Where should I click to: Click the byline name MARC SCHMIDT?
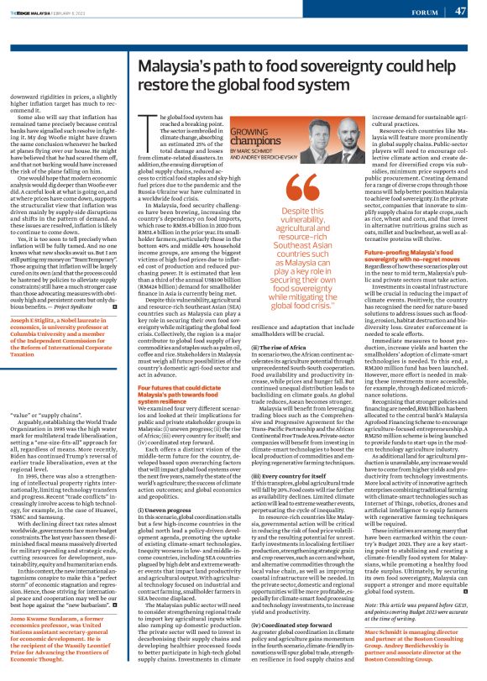tap(255, 151)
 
